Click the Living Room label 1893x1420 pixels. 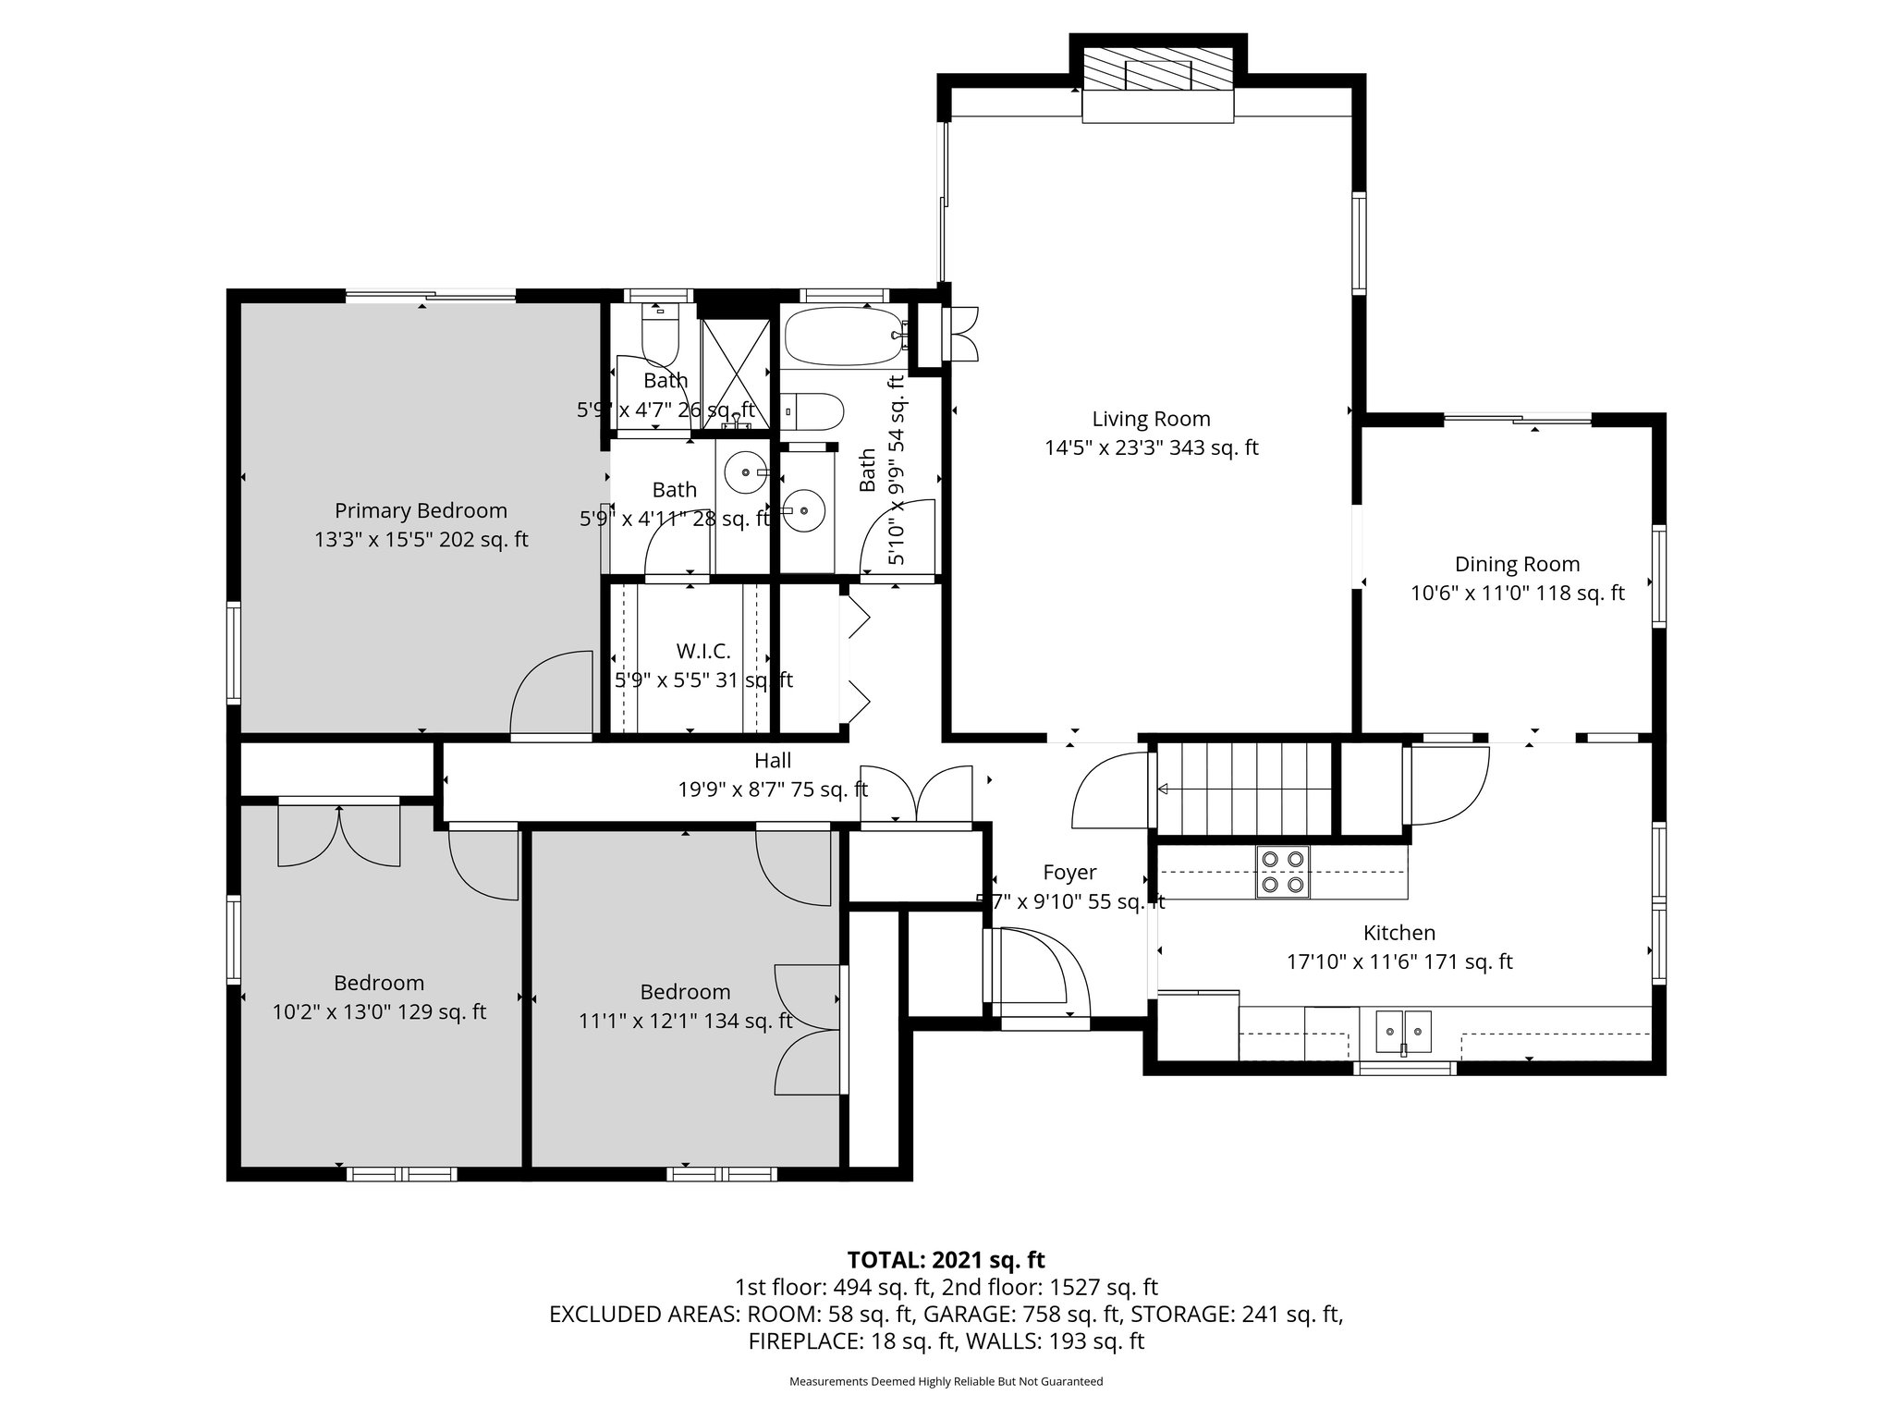click(1151, 419)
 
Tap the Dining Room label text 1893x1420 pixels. click(1517, 564)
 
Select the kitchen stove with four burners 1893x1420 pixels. click(1283, 872)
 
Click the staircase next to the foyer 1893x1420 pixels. click(1244, 788)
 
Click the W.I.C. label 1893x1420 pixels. click(703, 652)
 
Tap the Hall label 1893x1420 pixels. click(773, 760)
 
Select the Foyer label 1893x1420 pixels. click(1069, 872)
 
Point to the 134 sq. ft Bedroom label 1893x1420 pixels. click(685, 992)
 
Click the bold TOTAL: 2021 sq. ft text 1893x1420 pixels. click(946, 1259)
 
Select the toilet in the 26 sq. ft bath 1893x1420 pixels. click(660, 334)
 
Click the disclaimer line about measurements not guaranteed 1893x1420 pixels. click(946, 1381)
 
